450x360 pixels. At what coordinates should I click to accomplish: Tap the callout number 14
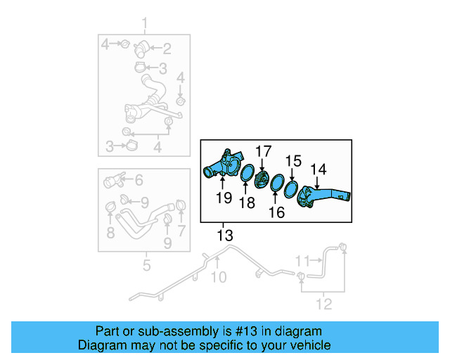click(x=319, y=169)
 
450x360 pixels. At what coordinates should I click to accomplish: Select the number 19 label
click(x=224, y=198)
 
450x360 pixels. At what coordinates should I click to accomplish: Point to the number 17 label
click(x=262, y=150)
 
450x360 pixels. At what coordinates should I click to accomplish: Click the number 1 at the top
click(x=146, y=27)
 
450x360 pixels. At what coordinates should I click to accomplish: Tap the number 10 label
click(x=219, y=277)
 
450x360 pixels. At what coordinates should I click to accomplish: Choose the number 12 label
click(x=323, y=304)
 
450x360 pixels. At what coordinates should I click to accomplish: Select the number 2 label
click(x=167, y=49)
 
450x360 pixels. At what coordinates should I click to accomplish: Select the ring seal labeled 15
click(x=292, y=186)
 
